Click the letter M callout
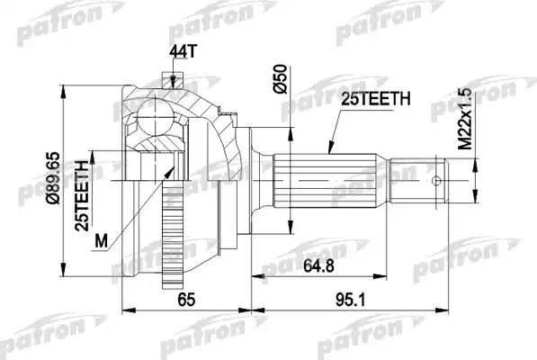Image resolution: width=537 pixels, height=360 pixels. click(101, 242)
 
